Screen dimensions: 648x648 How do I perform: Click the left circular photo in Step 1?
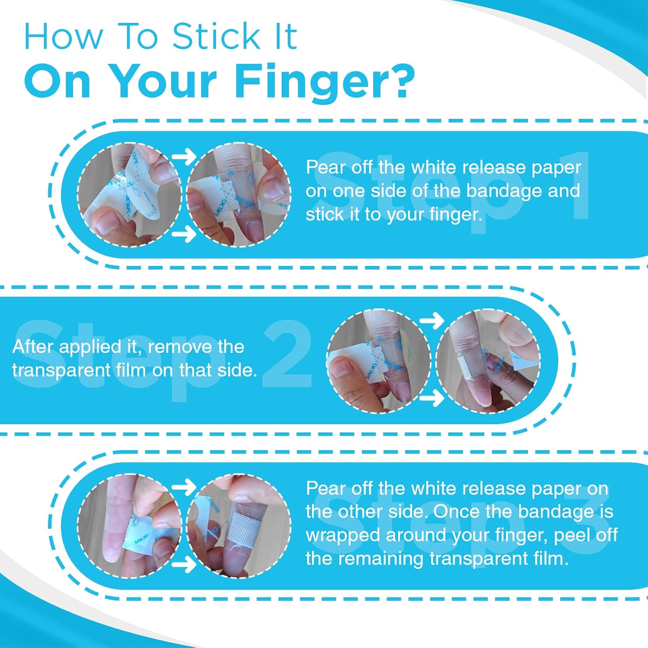[129, 195]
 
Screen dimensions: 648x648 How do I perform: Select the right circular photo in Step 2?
[488, 361]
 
